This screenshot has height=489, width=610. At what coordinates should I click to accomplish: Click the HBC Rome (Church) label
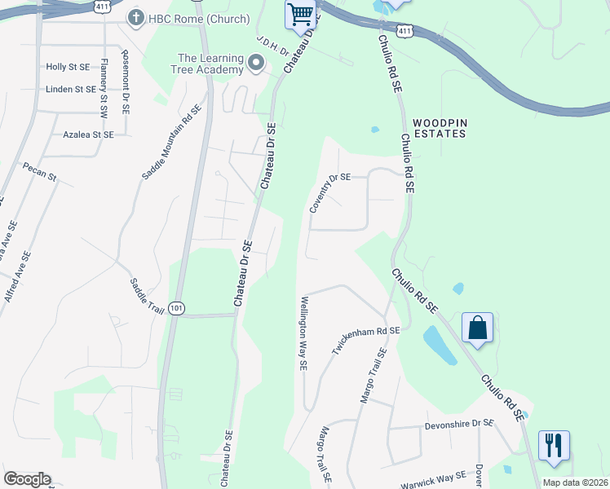[188, 17]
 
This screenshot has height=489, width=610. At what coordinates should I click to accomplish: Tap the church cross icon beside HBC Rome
[135, 17]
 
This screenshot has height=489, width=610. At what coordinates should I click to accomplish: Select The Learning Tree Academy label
[210, 64]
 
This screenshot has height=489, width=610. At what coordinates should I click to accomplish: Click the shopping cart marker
[300, 14]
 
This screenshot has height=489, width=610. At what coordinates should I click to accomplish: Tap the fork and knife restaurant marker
[554, 445]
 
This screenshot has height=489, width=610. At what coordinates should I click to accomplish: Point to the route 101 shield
[176, 307]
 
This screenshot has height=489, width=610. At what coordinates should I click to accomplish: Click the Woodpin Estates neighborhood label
[440, 126]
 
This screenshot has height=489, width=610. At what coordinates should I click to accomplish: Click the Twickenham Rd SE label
[365, 340]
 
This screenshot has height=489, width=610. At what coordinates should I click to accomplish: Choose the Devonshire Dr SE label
[459, 424]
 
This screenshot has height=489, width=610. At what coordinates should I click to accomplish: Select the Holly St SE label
[69, 67]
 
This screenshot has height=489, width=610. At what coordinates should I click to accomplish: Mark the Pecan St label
[39, 172]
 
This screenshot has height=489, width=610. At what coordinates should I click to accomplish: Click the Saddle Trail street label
[148, 295]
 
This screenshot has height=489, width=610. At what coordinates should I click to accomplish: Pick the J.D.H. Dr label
[272, 46]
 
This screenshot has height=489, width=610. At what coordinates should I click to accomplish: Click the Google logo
[27, 479]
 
